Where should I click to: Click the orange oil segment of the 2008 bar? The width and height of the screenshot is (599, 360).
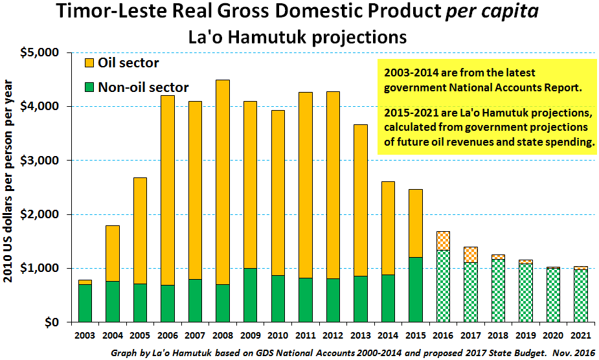pyautogui.click(x=223, y=183)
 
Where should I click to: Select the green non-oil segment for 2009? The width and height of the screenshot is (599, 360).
pyautogui.click(x=250, y=295)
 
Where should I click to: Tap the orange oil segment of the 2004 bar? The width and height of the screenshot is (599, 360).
pyautogui.click(x=112, y=253)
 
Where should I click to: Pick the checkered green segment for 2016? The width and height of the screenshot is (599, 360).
pyautogui.click(x=443, y=286)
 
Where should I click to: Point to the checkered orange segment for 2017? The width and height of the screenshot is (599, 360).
pyautogui.click(x=471, y=255)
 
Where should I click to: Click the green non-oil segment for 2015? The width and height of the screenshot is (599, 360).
pyautogui.click(x=416, y=289)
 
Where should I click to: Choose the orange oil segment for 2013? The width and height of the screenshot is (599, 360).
pyautogui.click(x=361, y=200)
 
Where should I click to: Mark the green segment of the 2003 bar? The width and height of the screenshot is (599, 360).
pyautogui.click(x=85, y=304)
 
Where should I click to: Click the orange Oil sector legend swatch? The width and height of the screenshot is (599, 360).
pyautogui.click(x=89, y=63)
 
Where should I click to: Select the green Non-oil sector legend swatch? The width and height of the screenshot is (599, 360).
pyautogui.click(x=89, y=87)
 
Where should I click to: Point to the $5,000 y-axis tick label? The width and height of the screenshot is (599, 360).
pyautogui.click(x=40, y=52)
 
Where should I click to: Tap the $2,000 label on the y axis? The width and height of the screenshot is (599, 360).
pyautogui.click(x=40, y=214)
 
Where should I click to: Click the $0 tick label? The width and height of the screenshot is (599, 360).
pyautogui.click(x=52, y=322)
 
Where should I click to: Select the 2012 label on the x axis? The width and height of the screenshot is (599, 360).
pyautogui.click(x=333, y=335)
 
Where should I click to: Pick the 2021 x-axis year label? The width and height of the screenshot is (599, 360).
pyautogui.click(x=581, y=335)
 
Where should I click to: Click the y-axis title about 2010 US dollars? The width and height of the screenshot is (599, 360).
pyautogui.click(x=8, y=181)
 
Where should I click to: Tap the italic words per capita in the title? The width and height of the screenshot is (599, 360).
pyautogui.click(x=492, y=12)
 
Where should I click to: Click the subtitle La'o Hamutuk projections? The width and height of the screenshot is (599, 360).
pyautogui.click(x=298, y=38)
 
